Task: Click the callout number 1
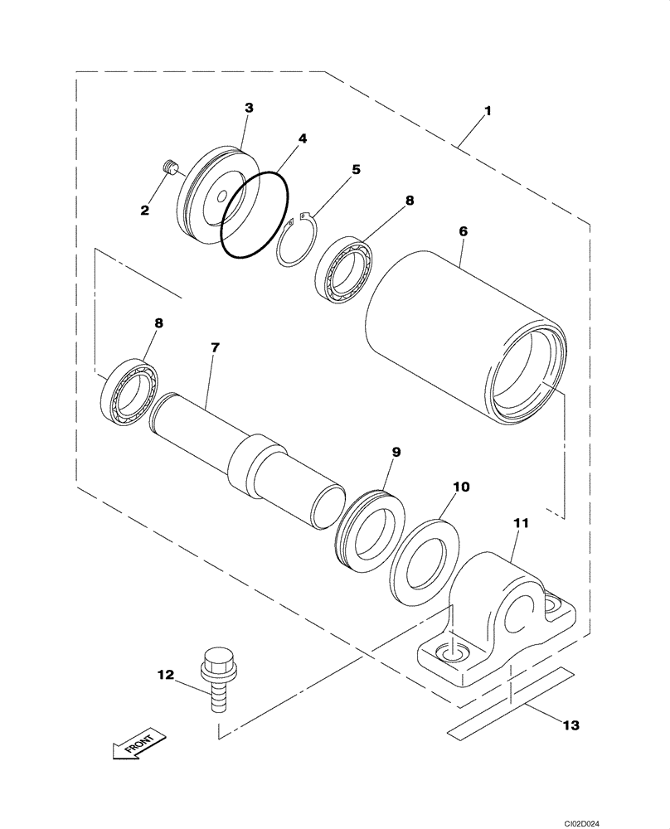click(488, 110)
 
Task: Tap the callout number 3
click(249, 108)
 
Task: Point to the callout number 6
click(464, 233)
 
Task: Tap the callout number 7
click(215, 348)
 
